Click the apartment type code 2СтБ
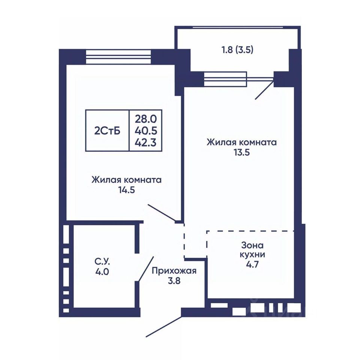(107, 131)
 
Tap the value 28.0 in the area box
(146, 119)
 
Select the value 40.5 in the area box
(146, 131)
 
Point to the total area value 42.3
(146, 143)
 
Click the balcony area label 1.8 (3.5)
(237, 50)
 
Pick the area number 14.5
(126, 190)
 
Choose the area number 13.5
(242, 153)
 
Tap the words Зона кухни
(252, 250)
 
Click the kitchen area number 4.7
(252, 264)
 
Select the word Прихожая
(174, 271)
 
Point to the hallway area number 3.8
(174, 281)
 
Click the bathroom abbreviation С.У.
(102, 262)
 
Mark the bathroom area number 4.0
(102, 272)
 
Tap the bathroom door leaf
(146, 268)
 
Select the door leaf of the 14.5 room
(162, 213)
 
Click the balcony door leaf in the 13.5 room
(264, 90)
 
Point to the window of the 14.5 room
(118, 57)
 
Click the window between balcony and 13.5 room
(225, 79)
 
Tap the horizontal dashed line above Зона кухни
(250, 231)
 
